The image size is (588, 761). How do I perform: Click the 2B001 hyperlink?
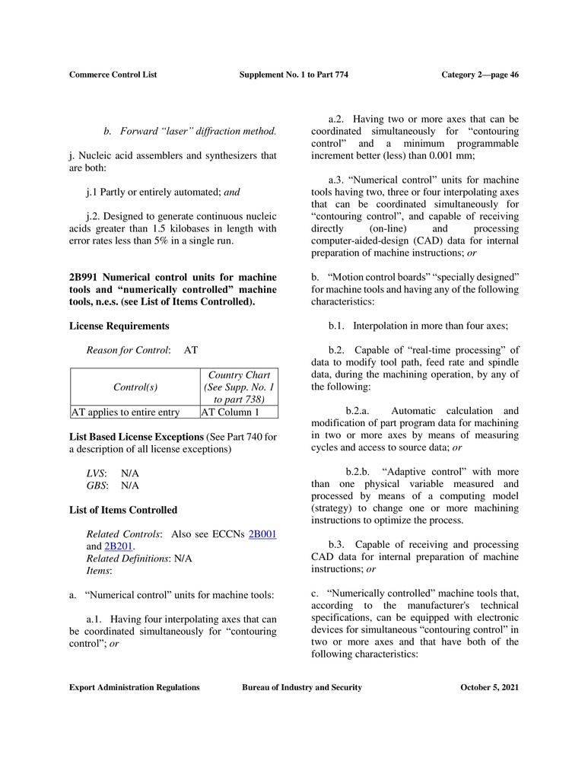click(262, 534)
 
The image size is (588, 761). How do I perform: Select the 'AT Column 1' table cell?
click(230, 412)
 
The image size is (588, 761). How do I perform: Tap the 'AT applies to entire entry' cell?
click(126, 412)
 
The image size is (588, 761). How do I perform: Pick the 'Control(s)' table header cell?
click(135, 387)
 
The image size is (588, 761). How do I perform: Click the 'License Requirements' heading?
click(119, 326)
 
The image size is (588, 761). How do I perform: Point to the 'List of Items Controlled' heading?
click(122, 510)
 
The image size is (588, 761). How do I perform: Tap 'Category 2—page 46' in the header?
click(480, 75)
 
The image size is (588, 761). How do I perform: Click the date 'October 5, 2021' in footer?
click(490, 687)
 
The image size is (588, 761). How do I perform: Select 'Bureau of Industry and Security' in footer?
click(301, 687)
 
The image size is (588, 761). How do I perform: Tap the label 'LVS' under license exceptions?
click(96, 473)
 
